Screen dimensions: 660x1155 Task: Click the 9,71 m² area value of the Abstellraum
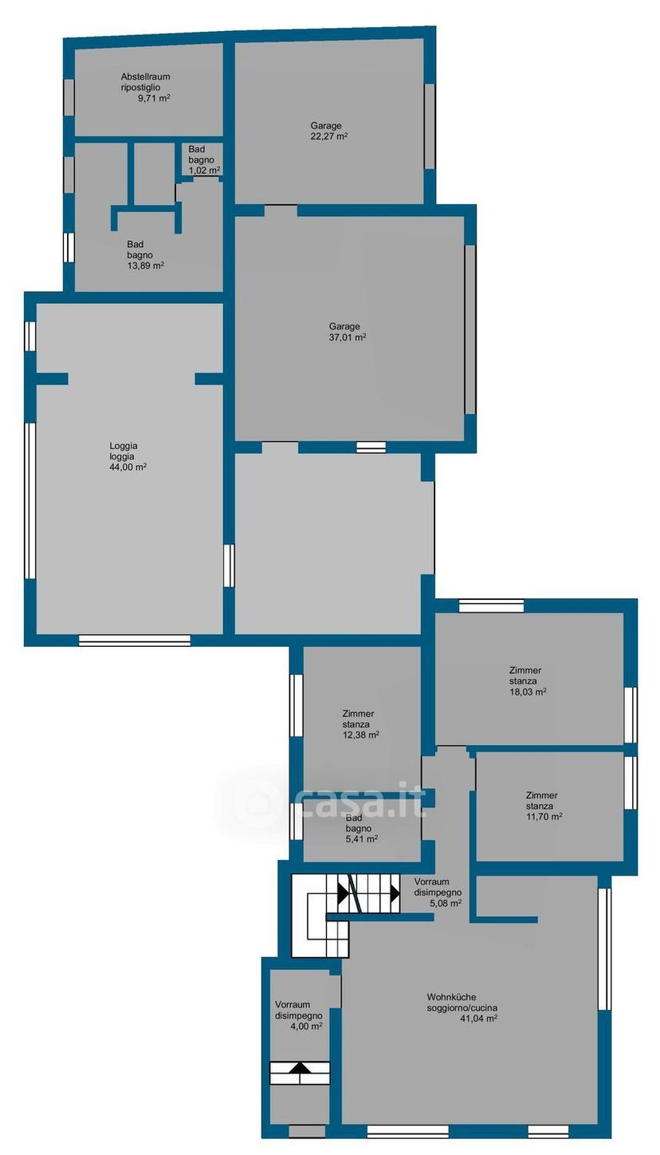pos(154,98)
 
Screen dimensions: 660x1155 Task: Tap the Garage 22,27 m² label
pos(328,131)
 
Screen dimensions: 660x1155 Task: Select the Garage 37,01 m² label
pos(348,332)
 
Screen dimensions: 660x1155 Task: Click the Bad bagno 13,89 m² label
pos(145,255)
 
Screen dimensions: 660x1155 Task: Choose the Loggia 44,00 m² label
pos(128,457)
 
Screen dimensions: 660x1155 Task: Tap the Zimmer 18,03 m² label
pos(528,682)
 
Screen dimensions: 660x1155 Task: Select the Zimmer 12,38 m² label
pos(360,725)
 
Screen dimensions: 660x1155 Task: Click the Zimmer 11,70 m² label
pos(544,806)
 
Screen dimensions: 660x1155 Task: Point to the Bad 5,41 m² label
pos(362,829)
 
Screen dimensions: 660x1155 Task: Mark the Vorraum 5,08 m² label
pos(438,893)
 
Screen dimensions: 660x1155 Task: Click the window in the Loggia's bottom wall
pos(135,641)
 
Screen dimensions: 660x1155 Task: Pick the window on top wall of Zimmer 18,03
pos(491,605)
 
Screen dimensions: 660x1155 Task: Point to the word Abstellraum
pos(145,77)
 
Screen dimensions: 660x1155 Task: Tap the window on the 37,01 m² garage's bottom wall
pos(371,447)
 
